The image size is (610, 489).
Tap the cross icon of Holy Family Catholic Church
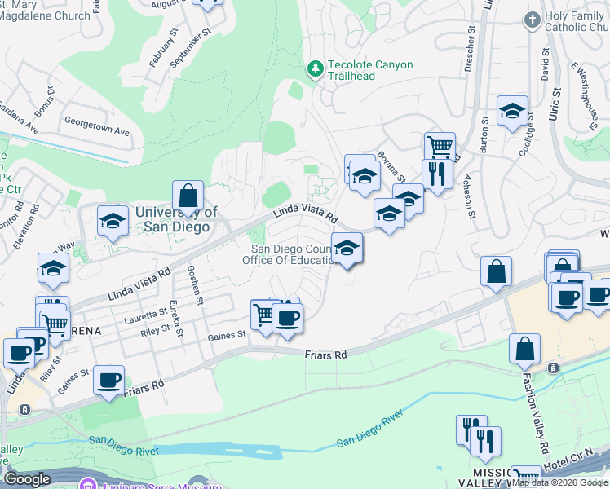pos(532,19)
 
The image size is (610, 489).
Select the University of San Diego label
pos(176,219)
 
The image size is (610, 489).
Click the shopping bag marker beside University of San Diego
pos(188,196)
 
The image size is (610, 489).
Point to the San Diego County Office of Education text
pos(292,255)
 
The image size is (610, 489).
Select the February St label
pos(164,48)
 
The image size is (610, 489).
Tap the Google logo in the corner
pos(27,479)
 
